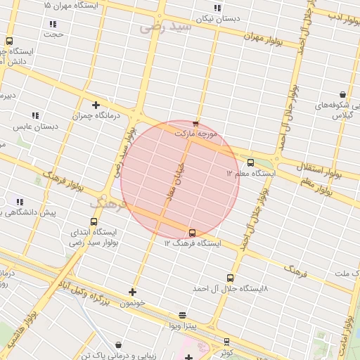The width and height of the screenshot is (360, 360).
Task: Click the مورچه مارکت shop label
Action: point(197,133)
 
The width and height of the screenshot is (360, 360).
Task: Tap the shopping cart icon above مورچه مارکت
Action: point(195,124)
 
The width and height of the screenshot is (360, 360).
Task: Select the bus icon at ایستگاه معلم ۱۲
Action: point(250,163)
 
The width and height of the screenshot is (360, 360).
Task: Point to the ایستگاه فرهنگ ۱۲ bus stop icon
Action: point(192,233)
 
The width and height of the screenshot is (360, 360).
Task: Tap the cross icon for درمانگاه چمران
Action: point(96,105)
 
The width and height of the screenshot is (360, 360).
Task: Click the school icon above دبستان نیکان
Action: point(217,8)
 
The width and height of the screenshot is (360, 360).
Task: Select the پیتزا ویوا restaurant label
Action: point(183,325)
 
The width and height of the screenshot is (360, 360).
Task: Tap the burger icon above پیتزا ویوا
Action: point(183,315)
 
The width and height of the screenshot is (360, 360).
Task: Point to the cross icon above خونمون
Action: point(132,292)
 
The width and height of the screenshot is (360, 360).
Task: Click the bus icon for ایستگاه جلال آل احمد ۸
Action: point(230,278)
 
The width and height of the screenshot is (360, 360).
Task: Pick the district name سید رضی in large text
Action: point(166,27)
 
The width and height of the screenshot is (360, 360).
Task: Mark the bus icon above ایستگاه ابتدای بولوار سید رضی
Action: point(94,222)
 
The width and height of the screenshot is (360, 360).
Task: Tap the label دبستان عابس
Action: point(34,127)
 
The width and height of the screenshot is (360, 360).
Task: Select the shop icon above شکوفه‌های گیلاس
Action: point(342,94)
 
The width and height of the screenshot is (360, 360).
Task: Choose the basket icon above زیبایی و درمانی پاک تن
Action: point(117,345)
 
